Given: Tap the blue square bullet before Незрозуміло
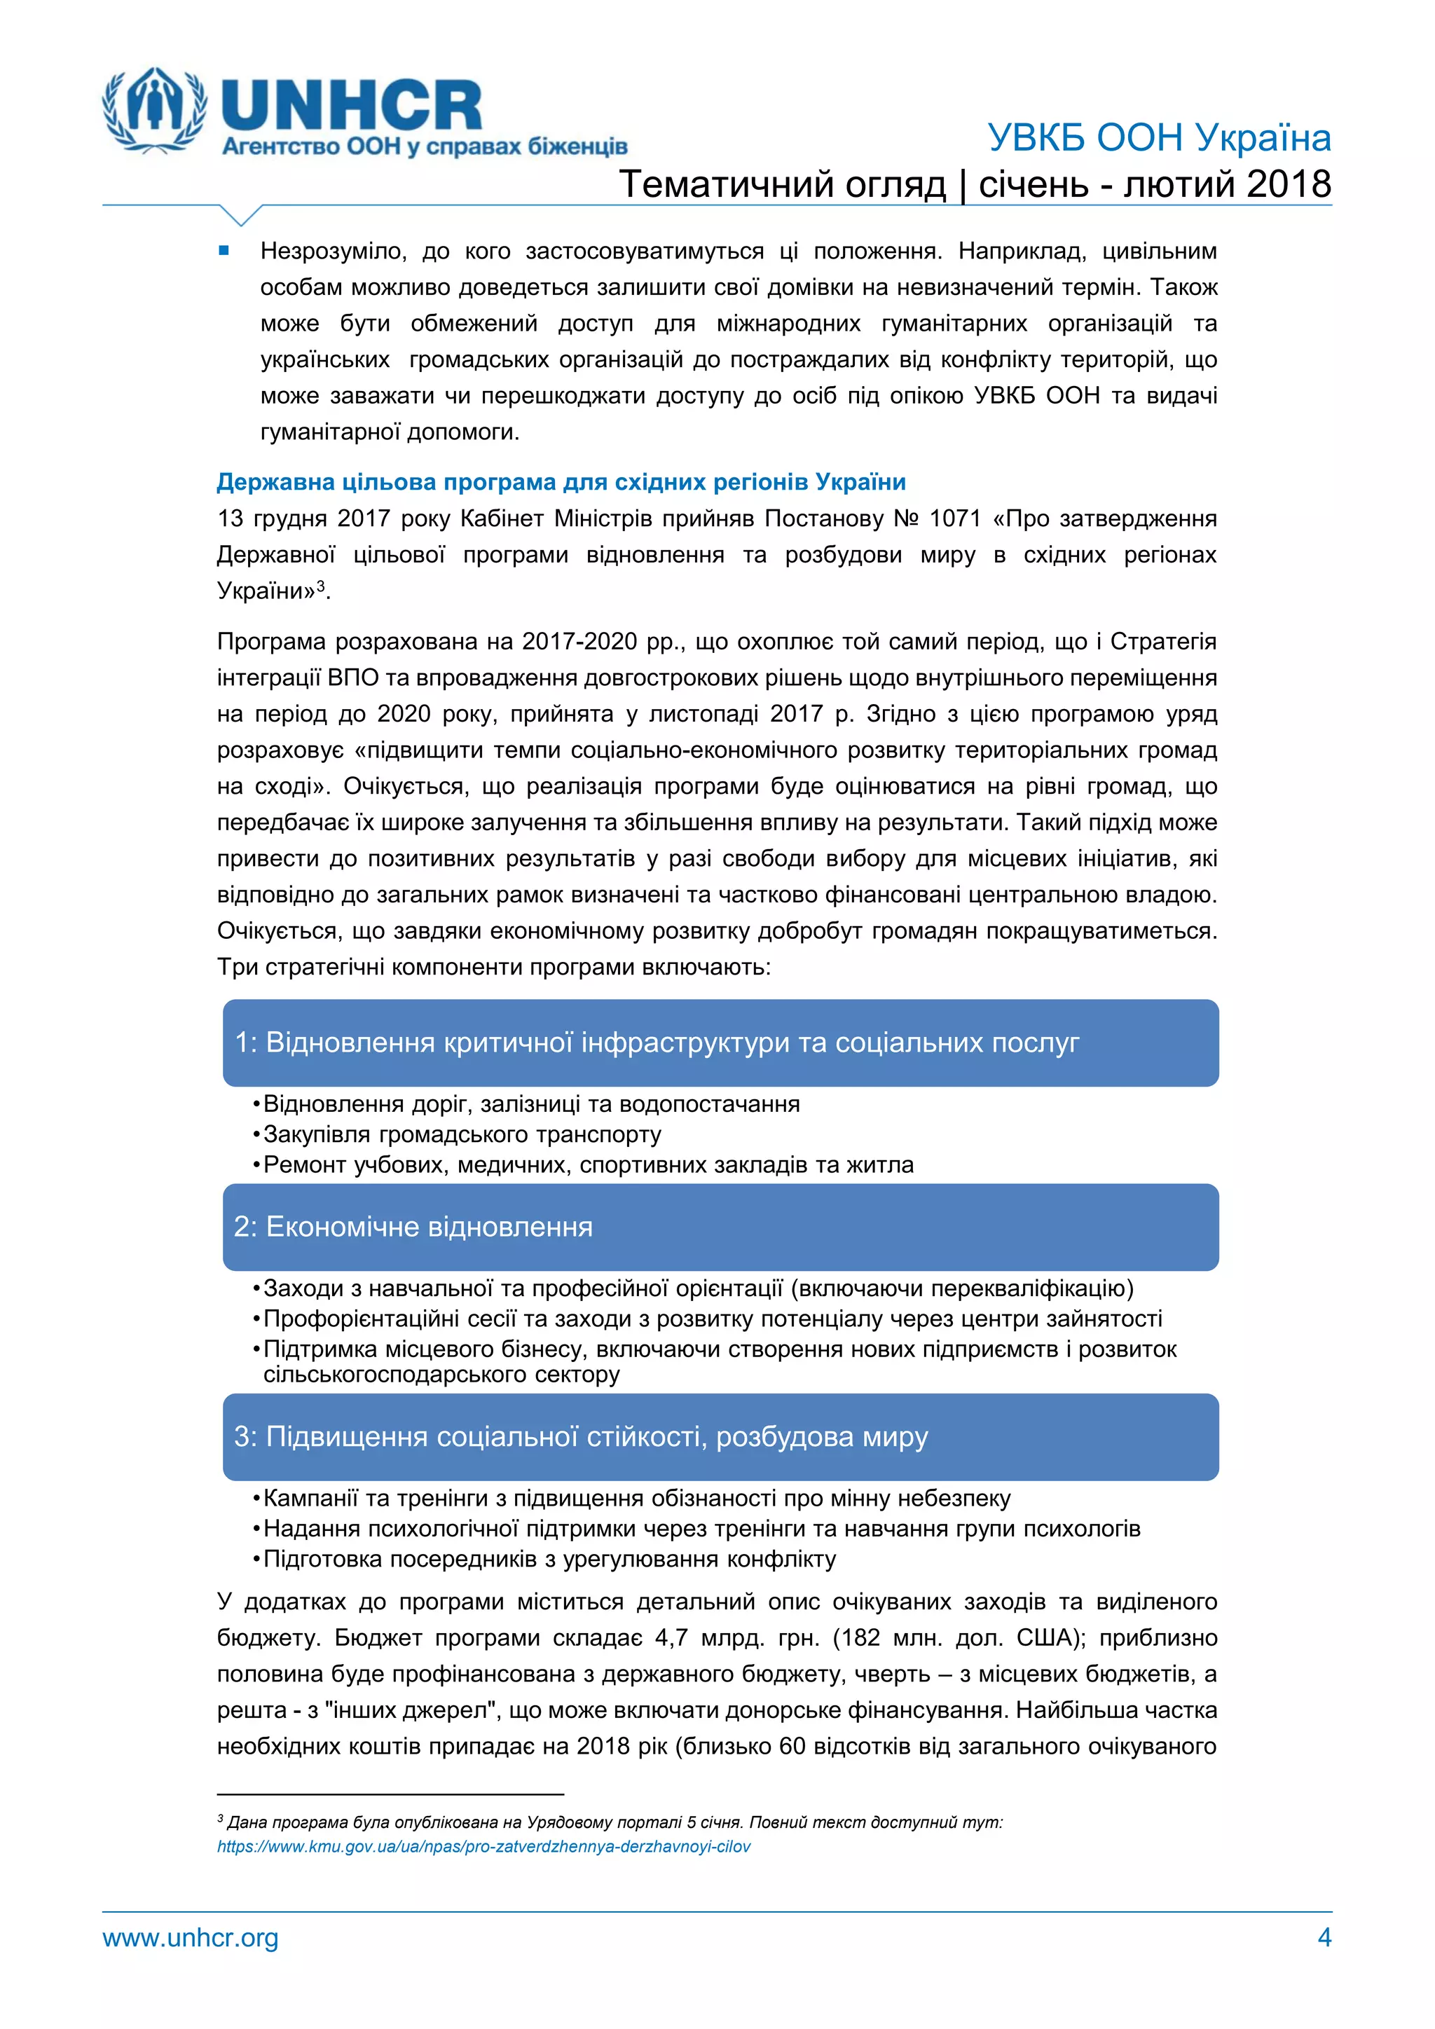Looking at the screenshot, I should point(224,251).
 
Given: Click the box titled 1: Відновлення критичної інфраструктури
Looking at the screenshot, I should point(720,1043).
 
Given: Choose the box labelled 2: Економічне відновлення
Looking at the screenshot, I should point(720,1227).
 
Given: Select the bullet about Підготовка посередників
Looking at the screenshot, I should point(549,1559).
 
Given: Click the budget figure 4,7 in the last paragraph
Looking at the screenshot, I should point(671,1637).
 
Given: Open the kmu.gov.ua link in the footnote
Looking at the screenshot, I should point(483,1846).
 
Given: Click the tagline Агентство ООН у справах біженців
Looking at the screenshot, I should point(424,146).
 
